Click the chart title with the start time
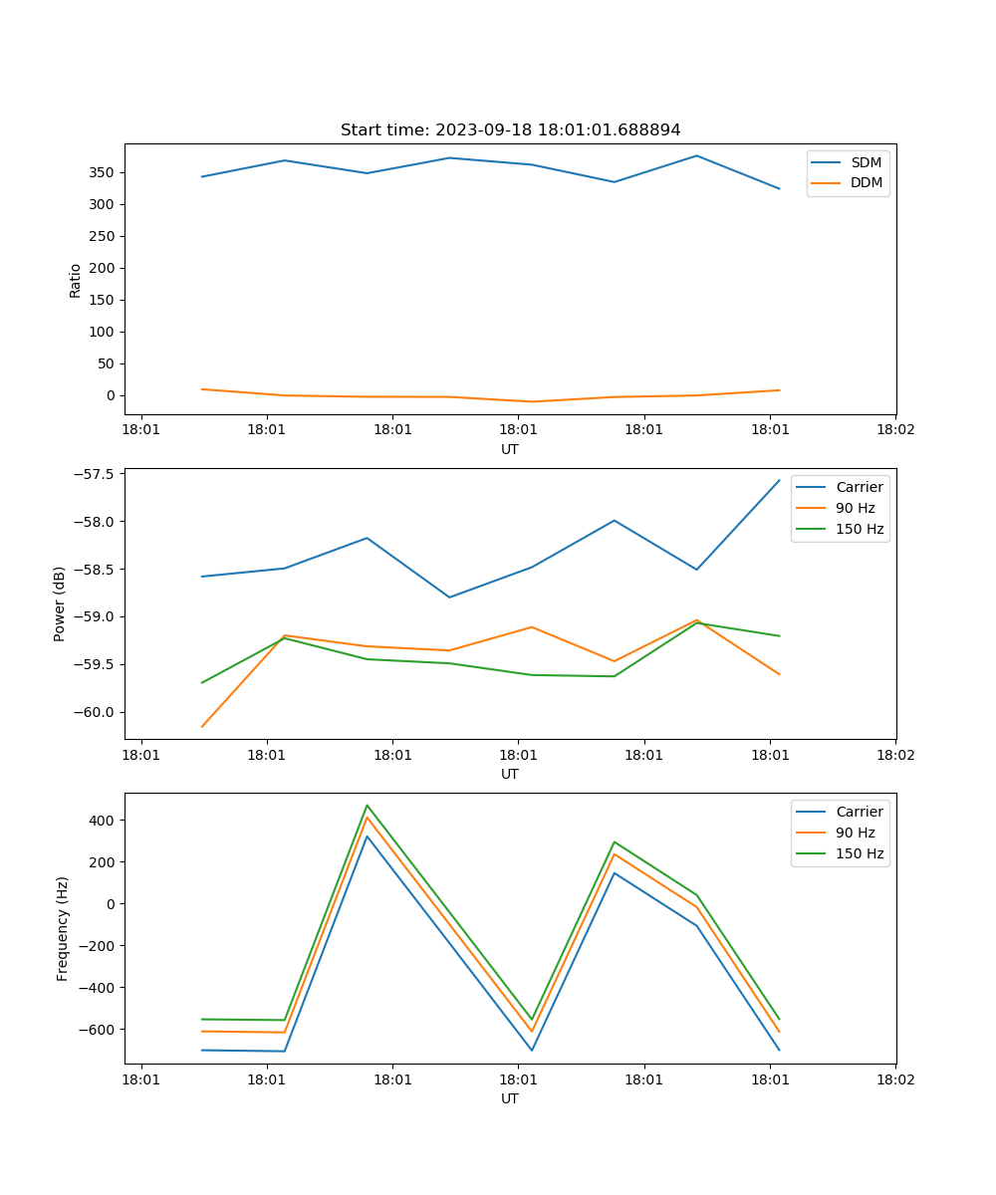point(510,130)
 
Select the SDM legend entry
point(866,162)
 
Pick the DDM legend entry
point(866,182)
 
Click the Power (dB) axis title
point(60,603)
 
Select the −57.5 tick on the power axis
point(96,473)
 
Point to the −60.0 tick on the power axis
point(96,712)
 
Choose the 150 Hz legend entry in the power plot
point(860,529)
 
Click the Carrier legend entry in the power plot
point(859,487)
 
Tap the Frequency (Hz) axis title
point(62,928)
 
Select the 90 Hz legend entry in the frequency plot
point(855,833)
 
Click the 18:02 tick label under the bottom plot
point(894,1077)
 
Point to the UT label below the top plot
point(510,449)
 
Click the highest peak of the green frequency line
point(367,805)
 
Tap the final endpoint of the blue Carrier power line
point(779,480)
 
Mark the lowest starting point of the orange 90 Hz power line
point(202,727)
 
